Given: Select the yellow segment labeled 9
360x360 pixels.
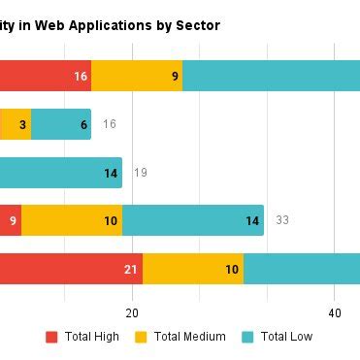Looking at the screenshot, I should tap(137, 76).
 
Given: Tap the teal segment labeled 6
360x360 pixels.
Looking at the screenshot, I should tap(61, 124).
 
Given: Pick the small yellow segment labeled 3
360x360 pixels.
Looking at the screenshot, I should tap(16, 124).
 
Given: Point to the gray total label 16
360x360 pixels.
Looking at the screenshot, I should tap(110, 124).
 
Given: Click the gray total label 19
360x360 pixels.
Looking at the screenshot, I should tap(141, 173).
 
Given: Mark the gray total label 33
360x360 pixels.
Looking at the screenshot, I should tap(282, 220).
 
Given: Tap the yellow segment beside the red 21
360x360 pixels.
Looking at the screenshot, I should tap(193, 269).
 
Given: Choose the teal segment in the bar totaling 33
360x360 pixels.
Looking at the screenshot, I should tap(193, 220).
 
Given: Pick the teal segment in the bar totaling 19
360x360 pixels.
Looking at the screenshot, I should tap(60, 173).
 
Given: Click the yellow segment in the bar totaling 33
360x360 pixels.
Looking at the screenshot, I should tap(72, 220).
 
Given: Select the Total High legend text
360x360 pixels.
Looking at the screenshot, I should tap(92, 337).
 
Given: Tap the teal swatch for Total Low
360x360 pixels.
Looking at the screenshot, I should tap(247, 337).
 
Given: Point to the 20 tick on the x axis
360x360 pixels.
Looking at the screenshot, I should tap(132, 313).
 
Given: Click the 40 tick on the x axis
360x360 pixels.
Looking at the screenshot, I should tap(334, 313).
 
